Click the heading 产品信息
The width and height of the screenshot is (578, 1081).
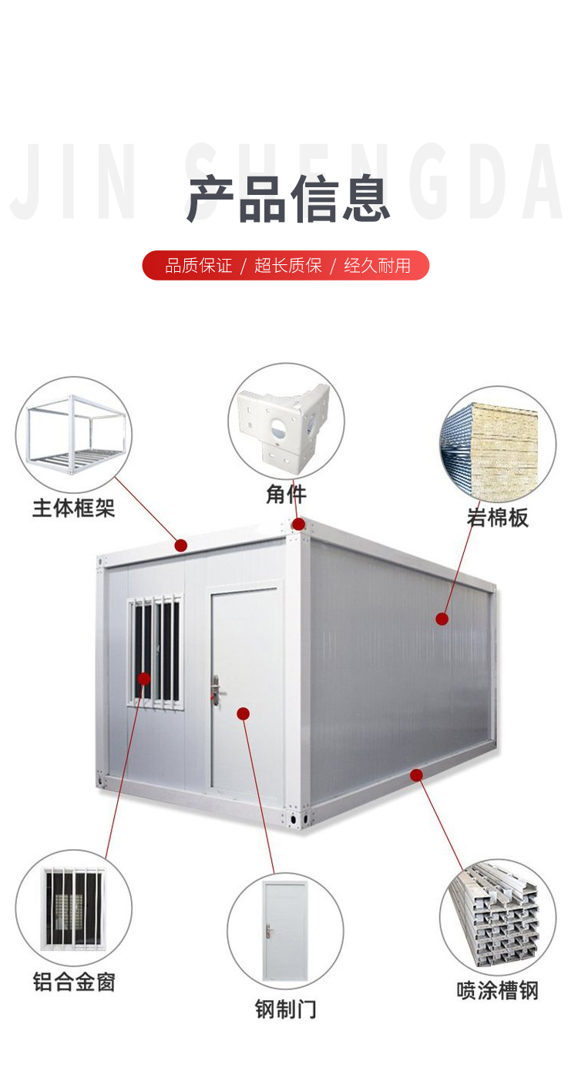pos(288,200)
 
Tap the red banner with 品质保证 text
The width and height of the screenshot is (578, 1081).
pos(286,266)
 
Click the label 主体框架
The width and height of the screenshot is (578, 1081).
pos(74,508)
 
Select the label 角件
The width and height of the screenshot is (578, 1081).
pos(286,495)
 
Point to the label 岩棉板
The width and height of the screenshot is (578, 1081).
pos(497,518)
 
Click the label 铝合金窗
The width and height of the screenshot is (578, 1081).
pos(74,982)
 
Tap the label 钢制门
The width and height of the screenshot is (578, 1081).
pos(285,1009)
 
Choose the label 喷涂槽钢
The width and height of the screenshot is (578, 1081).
pos(497,990)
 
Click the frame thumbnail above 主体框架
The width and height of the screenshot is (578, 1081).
pos(74,434)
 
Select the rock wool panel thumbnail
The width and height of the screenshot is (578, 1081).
pos(497,444)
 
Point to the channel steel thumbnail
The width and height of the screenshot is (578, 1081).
pos(497,916)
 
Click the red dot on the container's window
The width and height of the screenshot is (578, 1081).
pos(144,678)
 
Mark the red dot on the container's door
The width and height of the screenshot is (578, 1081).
pos(244,713)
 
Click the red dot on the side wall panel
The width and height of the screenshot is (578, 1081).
pos(442,618)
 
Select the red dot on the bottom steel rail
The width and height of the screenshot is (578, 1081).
pos(416,774)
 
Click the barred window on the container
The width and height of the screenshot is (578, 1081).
pos(156,651)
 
